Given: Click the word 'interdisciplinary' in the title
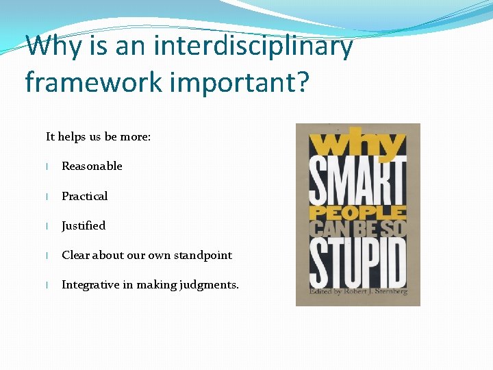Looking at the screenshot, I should (x=253, y=47).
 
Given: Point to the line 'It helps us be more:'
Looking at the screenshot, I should (x=98, y=136).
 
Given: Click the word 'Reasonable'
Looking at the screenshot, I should (x=92, y=166).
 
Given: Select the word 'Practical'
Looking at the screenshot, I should (x=84, y=196).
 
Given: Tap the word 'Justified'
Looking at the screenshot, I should (x=84, y=225).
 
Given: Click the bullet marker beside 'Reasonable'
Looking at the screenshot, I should (x=47, y=166).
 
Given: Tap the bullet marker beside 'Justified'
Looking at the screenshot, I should (x=47, y=226).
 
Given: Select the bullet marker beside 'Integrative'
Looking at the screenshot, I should (x=47, y=285).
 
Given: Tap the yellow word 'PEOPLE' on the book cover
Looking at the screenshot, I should (x=357, y=213).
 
